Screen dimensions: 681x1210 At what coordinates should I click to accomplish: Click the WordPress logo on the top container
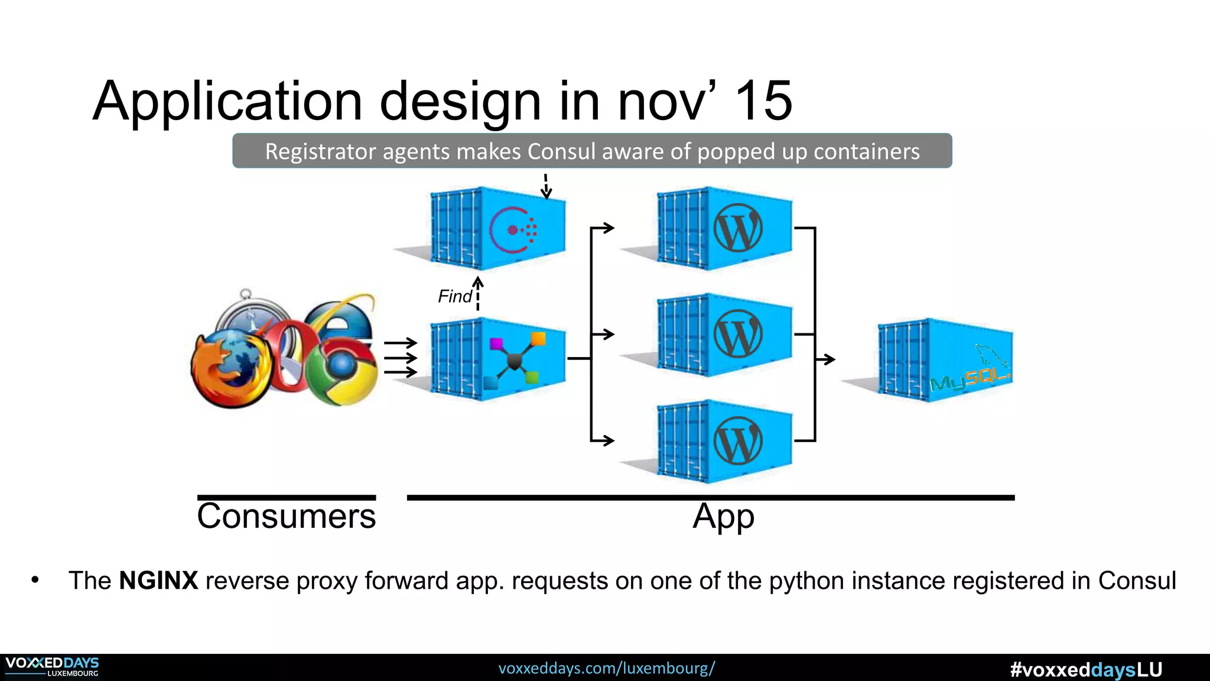click(x=738, y=228)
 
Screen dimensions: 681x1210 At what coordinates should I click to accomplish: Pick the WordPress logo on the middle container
click(x=738, y=334)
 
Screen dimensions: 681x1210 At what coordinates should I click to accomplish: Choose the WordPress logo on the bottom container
click(x=738, y=441)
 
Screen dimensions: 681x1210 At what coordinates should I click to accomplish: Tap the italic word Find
click(x=454, y=296)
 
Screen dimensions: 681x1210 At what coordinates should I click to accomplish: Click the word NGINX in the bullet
click(x=158, y=581)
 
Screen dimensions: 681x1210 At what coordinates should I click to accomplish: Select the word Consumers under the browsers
click(x=287, y=516)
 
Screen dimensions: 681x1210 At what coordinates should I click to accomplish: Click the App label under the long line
click(x=723, y=517)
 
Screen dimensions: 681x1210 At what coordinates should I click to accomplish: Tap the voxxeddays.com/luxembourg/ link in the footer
click(x=606, y=669)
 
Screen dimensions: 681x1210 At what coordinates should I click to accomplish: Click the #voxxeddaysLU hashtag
click(x=1086, y=670)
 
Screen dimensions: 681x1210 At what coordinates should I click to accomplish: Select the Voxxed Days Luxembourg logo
click(x=52, y=667)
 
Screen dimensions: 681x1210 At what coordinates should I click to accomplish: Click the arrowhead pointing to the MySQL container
click(x=830, y=359)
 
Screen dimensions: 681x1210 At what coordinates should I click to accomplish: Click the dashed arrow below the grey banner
click(x=546, y=187)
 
